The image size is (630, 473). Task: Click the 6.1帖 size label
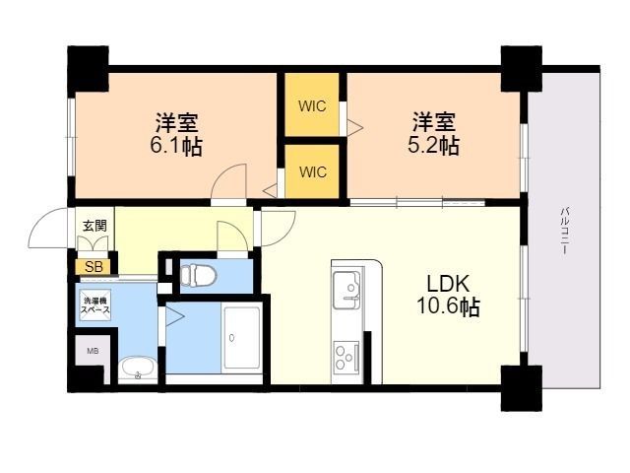click(177, 148)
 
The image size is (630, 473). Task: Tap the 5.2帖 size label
click(434, 147)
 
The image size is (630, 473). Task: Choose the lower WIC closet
click(312, 171)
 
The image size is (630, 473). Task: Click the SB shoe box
click(94, 266)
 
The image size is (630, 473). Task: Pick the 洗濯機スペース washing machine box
click(95, 305)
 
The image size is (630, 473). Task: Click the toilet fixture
click(200, 274)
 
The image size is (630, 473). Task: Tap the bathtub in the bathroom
click(241, 338)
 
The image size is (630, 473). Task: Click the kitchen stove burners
click(346, 354)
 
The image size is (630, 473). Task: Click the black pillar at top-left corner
click(87, 67)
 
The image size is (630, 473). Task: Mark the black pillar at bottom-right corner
click(522, 386)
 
